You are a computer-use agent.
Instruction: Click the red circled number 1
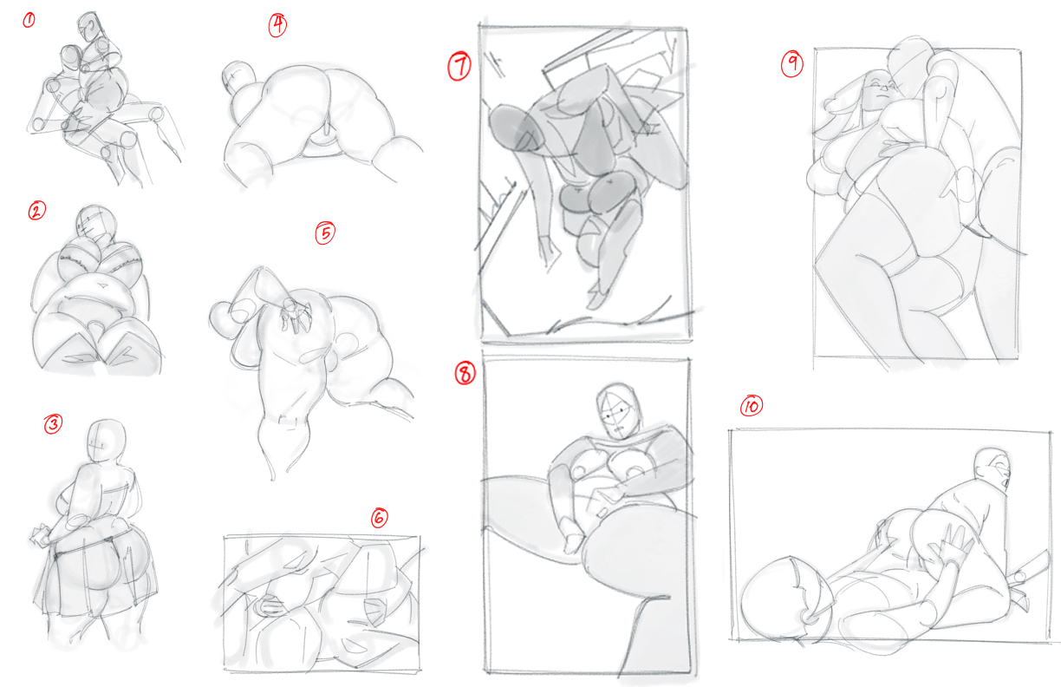pyautogui.click(x=29, y=21)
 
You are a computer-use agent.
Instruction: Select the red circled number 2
pyautogui.click(x=37, y=211)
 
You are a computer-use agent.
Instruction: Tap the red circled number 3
pyautogui.click(x=53, y=424)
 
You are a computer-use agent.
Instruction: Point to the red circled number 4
pyautogui.click(x=277, y=24)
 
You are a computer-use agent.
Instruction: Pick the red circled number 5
pyautogui.click(x=325, y=232)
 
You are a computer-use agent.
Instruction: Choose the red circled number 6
pyautogui.click(x=379, y=518)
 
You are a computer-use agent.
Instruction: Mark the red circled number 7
pyautogui.click(x=459, y=67)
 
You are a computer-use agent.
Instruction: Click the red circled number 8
pyautogui.click(x=465, y=373)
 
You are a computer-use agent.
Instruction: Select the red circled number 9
pyautogui.click(x=792, y=64)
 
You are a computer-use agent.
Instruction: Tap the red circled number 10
pyautogui.click(x=752, y=406)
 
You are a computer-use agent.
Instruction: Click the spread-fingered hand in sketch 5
pyautogui.click(x=296, y=313)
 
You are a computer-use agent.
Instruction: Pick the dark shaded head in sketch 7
pyautogui.click(x=513, y=128)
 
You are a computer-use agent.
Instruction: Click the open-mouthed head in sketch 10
pyautogui.click(x=993, y=469)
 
